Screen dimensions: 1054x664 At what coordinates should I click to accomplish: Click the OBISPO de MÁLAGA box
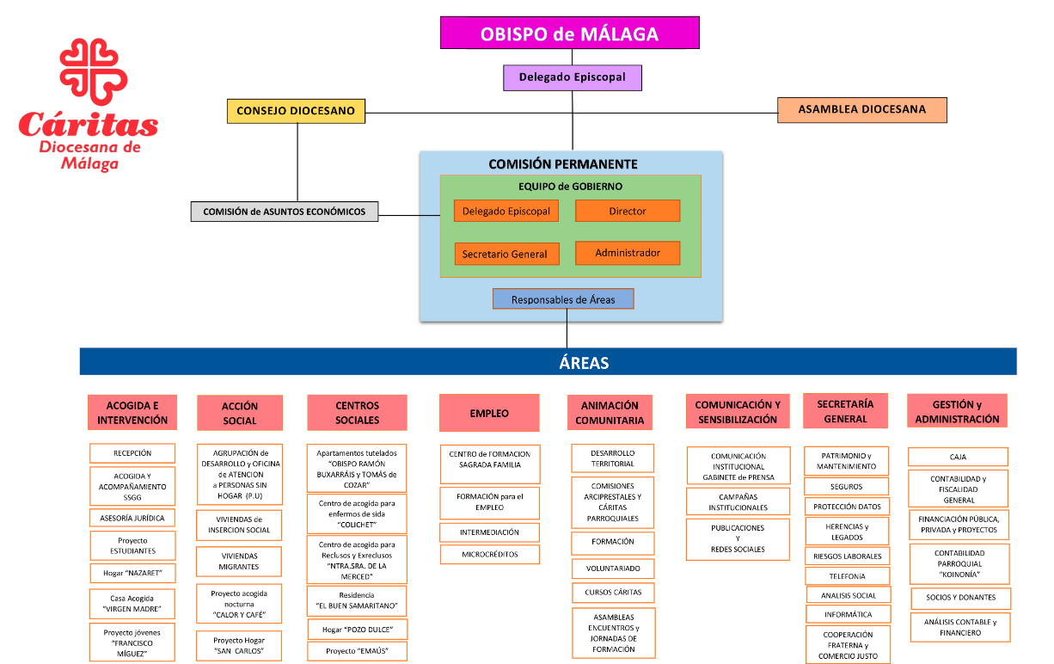pyautogui.click(x=569, y=33)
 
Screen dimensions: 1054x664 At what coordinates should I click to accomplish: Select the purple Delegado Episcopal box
pyautogui.click(x=573, y=77)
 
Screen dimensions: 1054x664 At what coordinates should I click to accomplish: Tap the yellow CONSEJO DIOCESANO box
pyautogui.click(x=296, y=111)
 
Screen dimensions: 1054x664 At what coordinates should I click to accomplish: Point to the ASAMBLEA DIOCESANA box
pyautogui.click(x=862, y=109)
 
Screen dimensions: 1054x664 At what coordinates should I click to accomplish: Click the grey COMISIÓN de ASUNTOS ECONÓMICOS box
pyautogui.click(x=285, y=212)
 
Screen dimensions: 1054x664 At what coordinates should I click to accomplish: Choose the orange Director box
pyautogui.click(x=628, y=211)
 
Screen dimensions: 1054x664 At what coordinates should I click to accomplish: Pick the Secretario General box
pyautogui.click(x=506, y=254)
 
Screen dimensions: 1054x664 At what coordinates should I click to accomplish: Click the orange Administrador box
pyautogui.click(x=628, y=253)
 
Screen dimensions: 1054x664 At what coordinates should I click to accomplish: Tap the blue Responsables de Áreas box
pyautogui.click(x=563, y=299)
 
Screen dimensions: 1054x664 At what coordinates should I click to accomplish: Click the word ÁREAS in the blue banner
pyautogui.click(x=584, y=363)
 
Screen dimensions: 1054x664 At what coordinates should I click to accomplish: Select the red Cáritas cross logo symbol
pyautogui.click(x=93, y=71)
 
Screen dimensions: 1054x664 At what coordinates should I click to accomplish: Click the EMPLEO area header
pyautogui.click(x=489, y=413)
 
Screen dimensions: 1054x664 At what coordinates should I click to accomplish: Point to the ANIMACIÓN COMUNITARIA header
pyautogui.click(x=610, y=413)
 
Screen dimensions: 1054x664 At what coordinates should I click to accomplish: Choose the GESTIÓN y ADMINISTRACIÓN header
pyautogui.click(x=957, y=411)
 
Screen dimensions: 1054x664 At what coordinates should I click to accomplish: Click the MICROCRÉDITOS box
pyautogui.click(x=490, y=555)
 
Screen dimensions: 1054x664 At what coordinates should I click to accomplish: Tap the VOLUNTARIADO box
pyautogui.click(x=613, y=569)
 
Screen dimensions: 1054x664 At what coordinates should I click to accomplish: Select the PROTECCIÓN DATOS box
pyautogui.click(x=847, y=507)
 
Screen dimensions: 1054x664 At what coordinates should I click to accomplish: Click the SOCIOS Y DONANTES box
pyautogui.click(x=961, y=598)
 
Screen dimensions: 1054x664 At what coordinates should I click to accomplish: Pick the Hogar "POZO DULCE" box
pyautogui.click(x=358, y=630)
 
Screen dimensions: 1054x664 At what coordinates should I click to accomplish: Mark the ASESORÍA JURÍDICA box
pyautogui.click(x=132, y=518)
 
